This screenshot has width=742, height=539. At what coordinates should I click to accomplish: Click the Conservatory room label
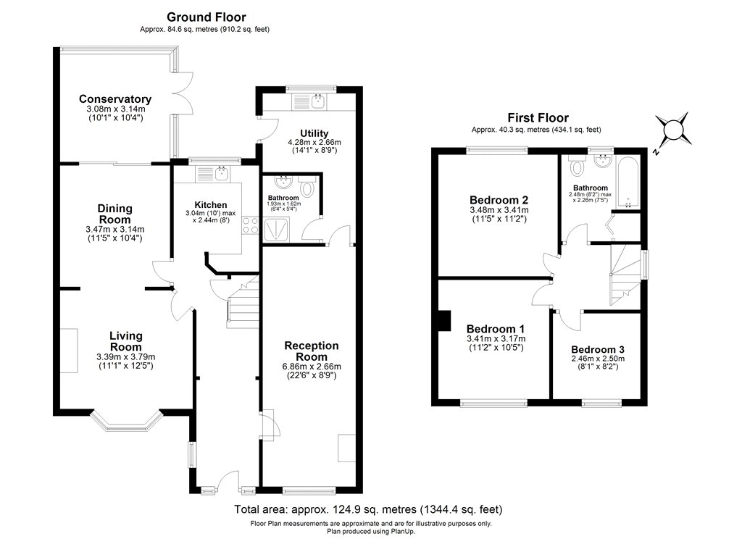[x=115, y=99]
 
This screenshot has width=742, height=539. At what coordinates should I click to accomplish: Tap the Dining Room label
[x=115, y=214]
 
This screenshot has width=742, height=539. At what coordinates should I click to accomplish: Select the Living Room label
[x=125, y=341]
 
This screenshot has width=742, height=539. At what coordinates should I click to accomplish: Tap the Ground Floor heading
[x=206, y=17]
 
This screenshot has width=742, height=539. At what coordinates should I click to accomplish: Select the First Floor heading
[x=537, y=117]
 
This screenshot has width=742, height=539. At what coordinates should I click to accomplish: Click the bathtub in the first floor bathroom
[x=628, y=180]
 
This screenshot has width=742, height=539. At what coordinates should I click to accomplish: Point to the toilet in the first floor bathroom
[x=578, y=167]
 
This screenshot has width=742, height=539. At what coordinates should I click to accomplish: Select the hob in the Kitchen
[x=251, y=225]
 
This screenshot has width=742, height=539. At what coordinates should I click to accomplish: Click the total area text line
[x=368, y=509]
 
